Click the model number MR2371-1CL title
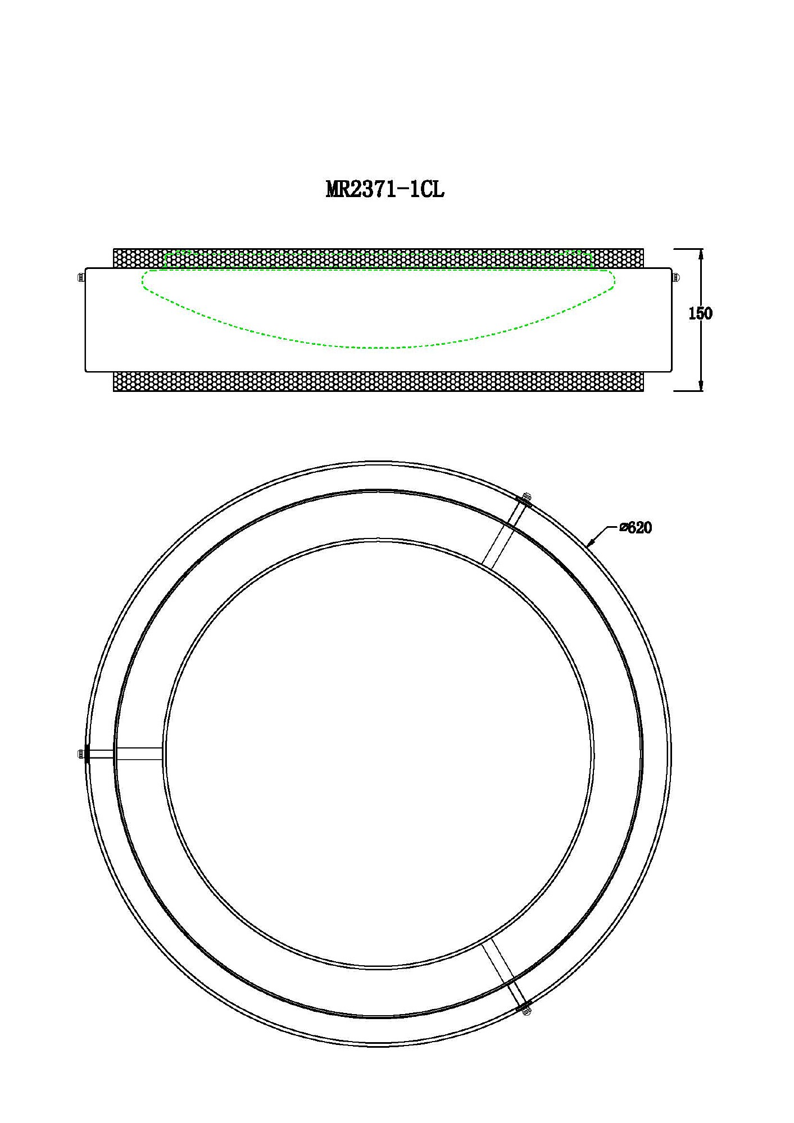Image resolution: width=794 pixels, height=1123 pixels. tap(385, 189)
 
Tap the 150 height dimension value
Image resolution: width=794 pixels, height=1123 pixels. tap(700, 313)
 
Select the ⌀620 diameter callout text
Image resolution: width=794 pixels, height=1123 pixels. tap(636, 528)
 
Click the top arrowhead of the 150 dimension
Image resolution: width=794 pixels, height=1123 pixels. tap(700, 254)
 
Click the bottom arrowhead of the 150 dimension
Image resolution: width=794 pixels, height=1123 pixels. tap(700, 385)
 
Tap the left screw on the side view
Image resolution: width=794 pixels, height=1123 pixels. tap(80, 277)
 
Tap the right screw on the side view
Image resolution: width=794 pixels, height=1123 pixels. tap(675, 277)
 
